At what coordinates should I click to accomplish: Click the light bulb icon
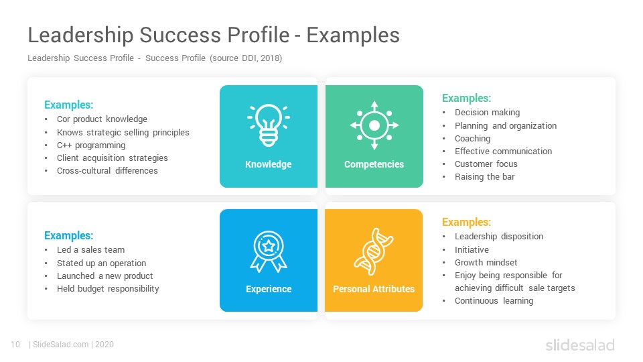(269, 125)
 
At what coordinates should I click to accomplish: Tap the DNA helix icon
(374, 251)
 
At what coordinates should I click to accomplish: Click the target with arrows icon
(374, 125)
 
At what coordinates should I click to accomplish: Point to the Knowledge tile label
(269, 164)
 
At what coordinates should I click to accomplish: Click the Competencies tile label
(374, 164)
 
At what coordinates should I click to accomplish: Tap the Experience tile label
(269, 289)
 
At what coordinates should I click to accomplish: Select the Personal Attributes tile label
(374, 289)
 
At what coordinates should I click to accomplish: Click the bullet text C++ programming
(91, 145)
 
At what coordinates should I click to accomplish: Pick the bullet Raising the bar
(484, 177)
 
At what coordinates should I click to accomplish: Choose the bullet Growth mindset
(486, 263)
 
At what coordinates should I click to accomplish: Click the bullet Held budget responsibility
(108, 289)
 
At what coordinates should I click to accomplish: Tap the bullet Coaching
(472, 139)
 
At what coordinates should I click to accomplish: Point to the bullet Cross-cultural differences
(107, 171)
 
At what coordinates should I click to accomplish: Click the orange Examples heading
(466, 222)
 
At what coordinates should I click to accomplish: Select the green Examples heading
(466, 98)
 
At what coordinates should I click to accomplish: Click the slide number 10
(15, 345)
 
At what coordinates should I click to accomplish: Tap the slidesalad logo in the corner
(580, 345)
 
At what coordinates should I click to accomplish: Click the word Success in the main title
(180, 35)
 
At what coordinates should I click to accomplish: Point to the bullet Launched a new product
(104, 276)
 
